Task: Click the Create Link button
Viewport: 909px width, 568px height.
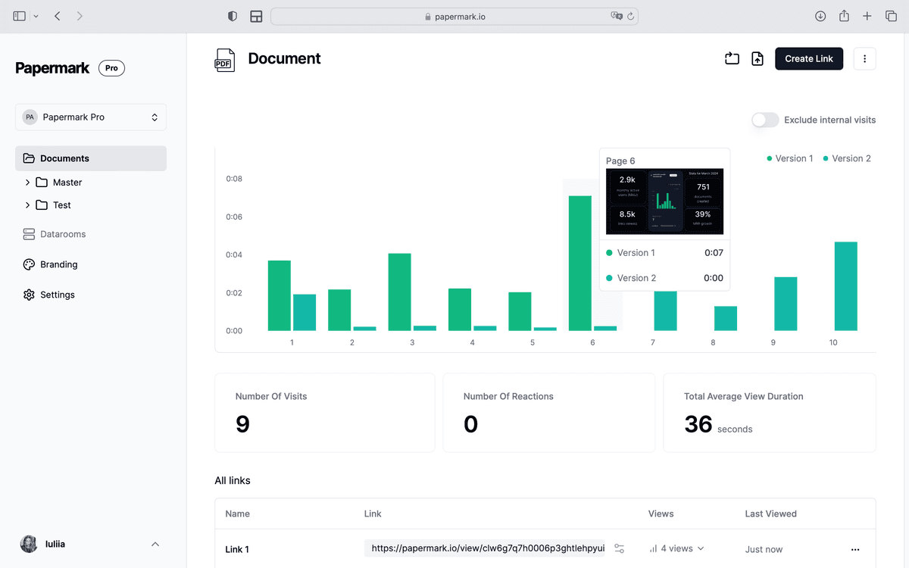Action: coord(808,58)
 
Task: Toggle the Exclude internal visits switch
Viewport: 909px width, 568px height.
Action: coord(765,120)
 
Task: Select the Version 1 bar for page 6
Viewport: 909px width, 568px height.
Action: coord(579,263)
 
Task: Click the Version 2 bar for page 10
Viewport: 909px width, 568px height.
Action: coord(845,286)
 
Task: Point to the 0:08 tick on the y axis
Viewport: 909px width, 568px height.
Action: coord(234,179)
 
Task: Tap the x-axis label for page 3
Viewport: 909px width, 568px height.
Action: coord(412,343)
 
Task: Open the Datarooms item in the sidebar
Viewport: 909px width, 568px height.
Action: coord(63,234)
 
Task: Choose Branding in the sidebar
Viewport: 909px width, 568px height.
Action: coord(58,264)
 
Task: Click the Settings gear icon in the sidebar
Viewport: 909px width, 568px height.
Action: coord(29,295)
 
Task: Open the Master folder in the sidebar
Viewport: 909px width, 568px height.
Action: coord(67,183)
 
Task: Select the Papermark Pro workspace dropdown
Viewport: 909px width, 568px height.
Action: coord(91,117)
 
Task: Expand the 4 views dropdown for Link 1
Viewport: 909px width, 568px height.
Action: coord(676,548)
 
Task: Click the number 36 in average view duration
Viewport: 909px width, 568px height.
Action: coord(698,424)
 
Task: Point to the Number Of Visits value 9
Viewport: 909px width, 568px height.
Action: coord(242,424)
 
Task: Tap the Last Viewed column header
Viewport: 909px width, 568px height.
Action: coord(770,513)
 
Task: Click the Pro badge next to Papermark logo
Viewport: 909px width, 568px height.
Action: coord(111,68)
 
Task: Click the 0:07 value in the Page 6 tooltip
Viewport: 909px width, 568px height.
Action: coord(713,253)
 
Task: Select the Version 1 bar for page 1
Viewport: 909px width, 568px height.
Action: coord(279,295)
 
